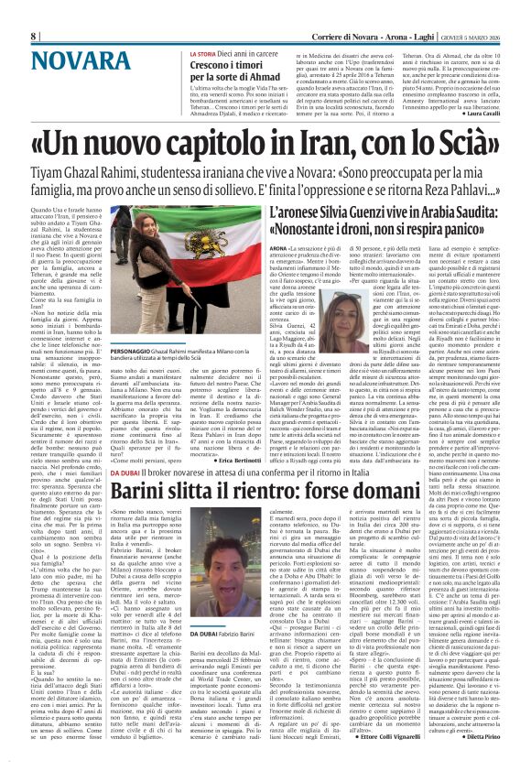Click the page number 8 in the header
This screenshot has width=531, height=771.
click(33, 36)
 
